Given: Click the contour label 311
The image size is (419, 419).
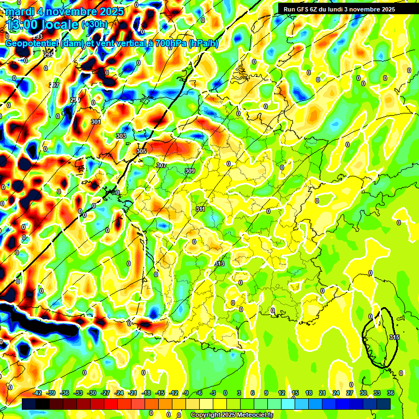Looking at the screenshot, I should [x=200, y=209].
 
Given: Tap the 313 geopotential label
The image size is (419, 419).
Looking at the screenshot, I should [x=220, y=264].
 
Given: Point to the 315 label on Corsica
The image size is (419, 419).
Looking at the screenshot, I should [x=394, y=338].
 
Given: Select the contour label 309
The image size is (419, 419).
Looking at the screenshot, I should [x=190, y=171].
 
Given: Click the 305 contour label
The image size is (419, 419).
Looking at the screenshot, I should [x=141, y=151].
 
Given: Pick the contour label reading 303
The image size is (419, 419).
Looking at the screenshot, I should [x=121, y=136].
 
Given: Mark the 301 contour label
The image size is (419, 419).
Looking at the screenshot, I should [x=96, y=122].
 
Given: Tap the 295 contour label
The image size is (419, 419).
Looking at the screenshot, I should [x=49, y=55].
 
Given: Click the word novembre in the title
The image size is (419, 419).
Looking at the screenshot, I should [x=69, y=11].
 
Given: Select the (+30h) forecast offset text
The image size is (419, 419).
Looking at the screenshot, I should [x=94, y=25].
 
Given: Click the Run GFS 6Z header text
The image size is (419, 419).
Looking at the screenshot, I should [x=306, y=9].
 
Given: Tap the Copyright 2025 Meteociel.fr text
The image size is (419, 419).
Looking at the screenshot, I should [x=231, y=415].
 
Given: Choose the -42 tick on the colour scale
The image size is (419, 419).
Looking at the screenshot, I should [x=38, y=393].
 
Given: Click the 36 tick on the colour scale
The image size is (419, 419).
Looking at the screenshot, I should [x=391, y=393].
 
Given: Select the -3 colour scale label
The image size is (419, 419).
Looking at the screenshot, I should [x=213, y=393].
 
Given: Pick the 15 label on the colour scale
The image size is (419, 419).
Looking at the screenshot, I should [x=295, y=393].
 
